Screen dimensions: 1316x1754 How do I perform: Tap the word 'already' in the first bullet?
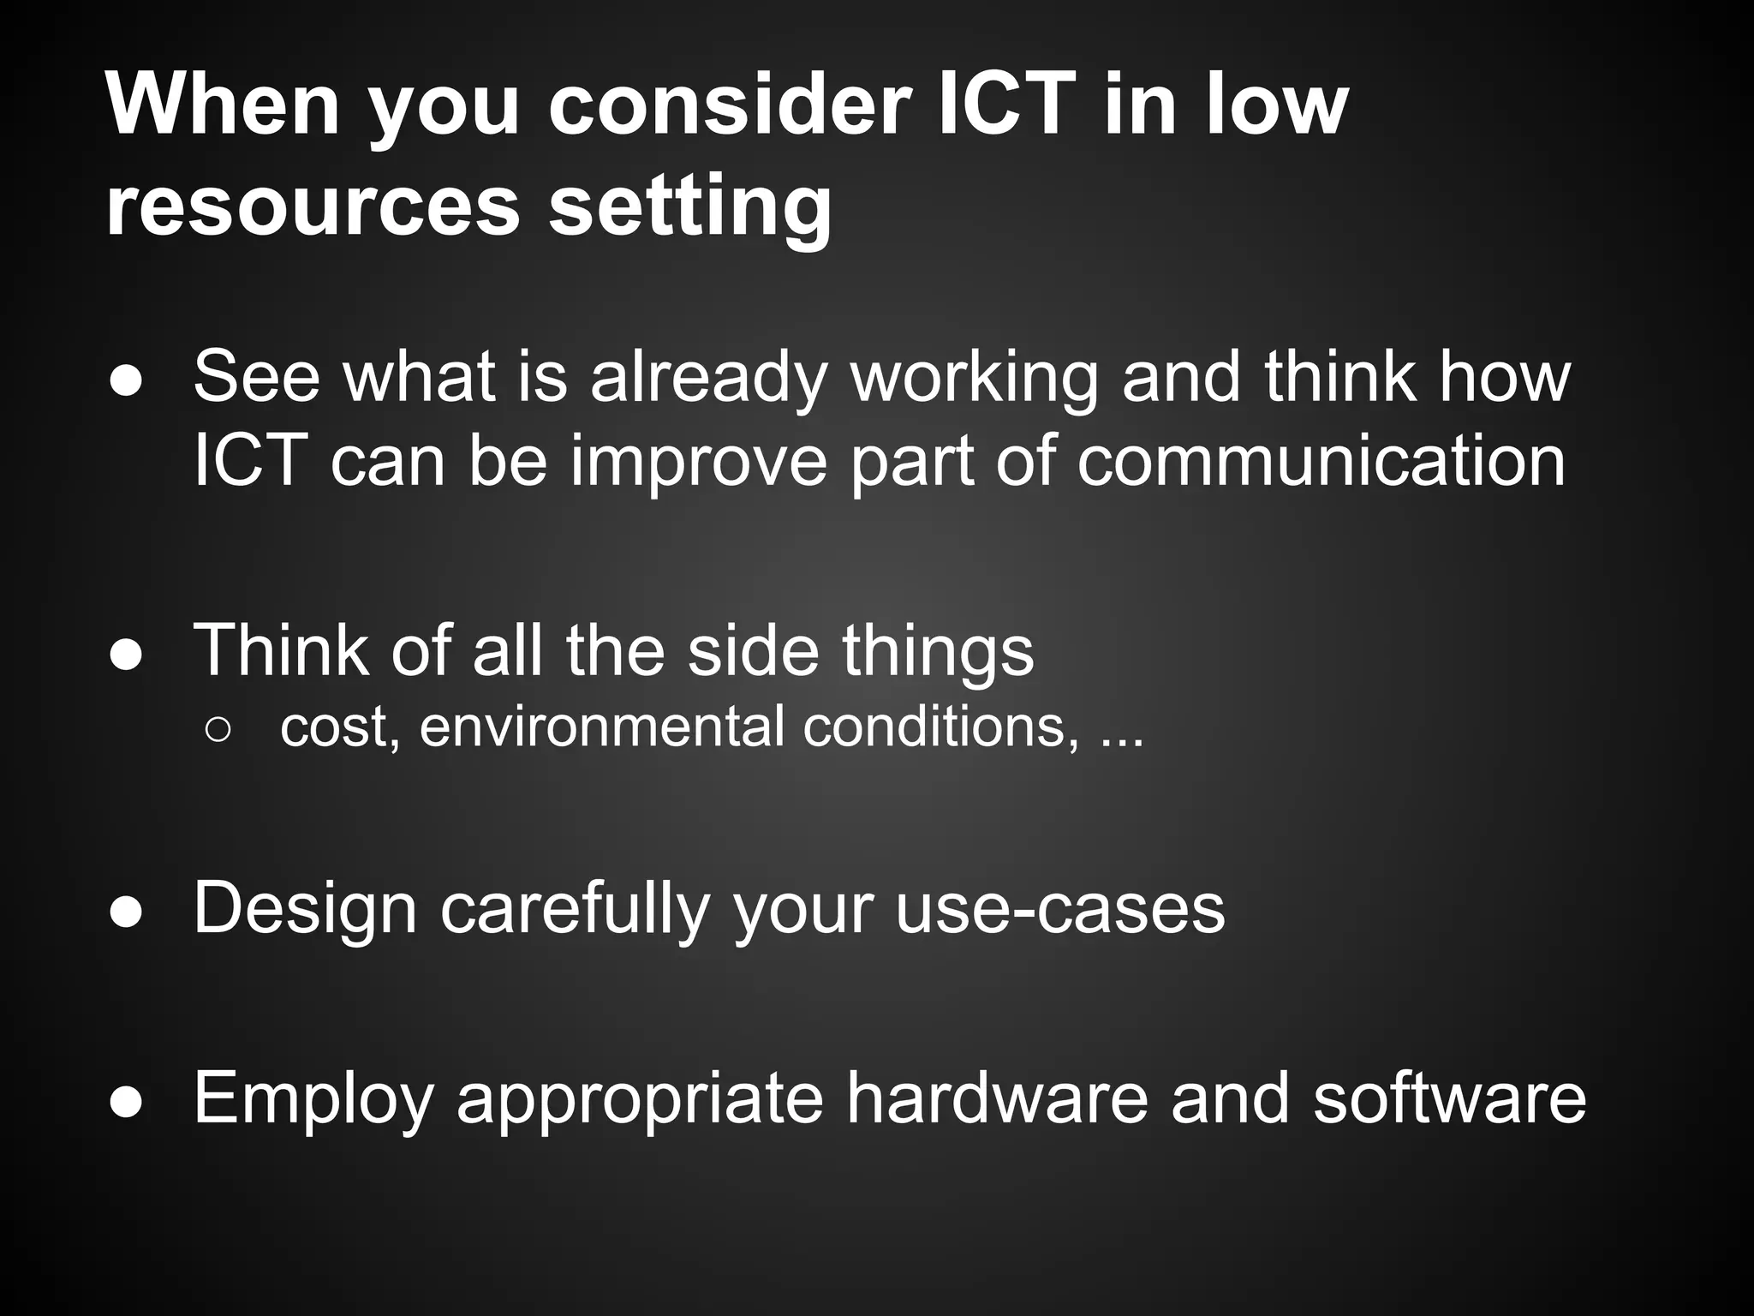pyautogui.click(x=707, y=378)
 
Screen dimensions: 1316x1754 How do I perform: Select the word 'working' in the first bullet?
pyautogui.click(x=974, y=378)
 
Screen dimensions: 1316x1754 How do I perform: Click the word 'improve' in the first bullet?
pyautogui.click(x=699, y=463)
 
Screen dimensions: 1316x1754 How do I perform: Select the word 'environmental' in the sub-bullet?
pyautogui.click(x=601, y=727)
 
